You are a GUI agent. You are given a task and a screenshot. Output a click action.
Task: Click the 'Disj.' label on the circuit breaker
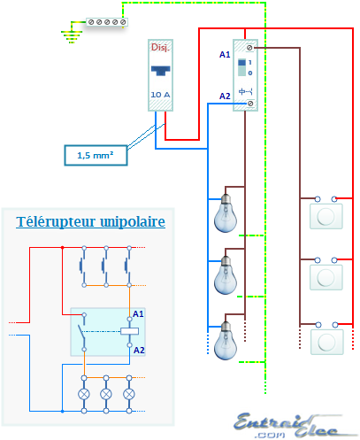tap(160, 47)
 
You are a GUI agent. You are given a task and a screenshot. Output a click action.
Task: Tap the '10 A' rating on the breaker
tap(160, 94)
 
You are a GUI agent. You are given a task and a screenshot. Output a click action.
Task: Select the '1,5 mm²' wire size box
tap(95, 155)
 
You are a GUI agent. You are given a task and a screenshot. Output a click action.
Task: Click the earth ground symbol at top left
tap(69, 35)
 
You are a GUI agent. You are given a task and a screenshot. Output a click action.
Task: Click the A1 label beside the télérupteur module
tap(225, 55)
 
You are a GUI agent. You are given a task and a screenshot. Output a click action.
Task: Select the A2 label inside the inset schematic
tap(139, 350)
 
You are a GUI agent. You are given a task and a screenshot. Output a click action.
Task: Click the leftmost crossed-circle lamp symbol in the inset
tap(85, 392)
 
